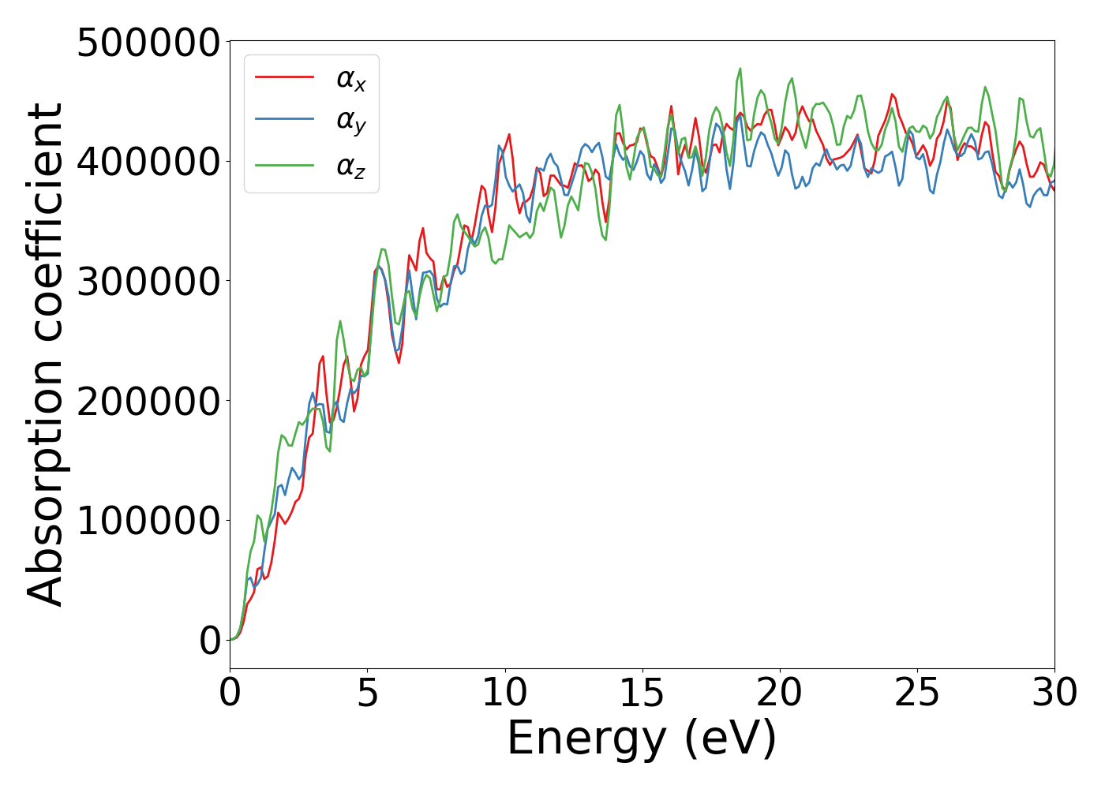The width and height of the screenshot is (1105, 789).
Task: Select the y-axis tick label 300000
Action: (148, 282)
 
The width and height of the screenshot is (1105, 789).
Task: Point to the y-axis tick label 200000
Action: (148, 401)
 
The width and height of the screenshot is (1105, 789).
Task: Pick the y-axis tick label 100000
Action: (148, 521)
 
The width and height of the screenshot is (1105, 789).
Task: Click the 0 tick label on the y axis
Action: (210, 641)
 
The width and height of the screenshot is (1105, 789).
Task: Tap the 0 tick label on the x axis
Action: (230, 693)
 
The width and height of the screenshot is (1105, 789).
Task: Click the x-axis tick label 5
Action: (367, 693)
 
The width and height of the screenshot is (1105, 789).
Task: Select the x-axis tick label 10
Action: (505, 693)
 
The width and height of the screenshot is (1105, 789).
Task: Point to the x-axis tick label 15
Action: (642, 693)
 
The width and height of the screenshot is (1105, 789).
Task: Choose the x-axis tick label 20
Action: (780, 693)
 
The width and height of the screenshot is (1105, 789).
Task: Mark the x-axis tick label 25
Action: (917, 693)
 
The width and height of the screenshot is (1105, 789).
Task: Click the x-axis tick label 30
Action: (1054, 693)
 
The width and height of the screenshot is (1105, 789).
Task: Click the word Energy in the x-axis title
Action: (587, 739)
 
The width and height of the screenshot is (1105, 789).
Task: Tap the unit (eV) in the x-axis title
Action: (731, 739)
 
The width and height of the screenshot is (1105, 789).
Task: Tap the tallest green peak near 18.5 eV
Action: (740, 69)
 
